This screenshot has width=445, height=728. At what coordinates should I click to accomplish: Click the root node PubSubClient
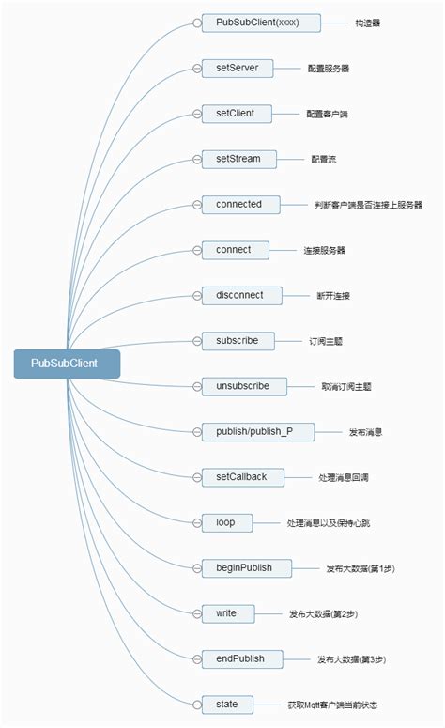pyautogui.click(x=67, y=364)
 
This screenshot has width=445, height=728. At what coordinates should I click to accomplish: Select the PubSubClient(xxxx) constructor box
pyautogui.click(x=262, y=23)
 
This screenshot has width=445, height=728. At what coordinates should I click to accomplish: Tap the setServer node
pyautogui.click(x=237, y=68)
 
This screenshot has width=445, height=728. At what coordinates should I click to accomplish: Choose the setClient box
pyautogui.click(x=235, y=114)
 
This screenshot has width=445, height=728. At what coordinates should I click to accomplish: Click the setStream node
pyautogui.click(x=238, y=159)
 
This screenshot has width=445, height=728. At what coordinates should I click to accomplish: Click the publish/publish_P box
pyautogui.click(x=258, y=431)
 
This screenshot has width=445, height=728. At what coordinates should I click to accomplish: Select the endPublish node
pyautogui.click(x=246, y=658)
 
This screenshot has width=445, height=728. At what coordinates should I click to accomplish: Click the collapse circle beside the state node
pyautogui.click(x=196, y=705)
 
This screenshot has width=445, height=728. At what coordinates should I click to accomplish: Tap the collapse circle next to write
pyautogui.click(x=196, y=613)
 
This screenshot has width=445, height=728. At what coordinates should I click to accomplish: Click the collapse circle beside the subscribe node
pyautogui.click(x=196, y=341)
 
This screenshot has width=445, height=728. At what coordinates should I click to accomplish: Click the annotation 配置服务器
pyautogui.click(x=329, y=69)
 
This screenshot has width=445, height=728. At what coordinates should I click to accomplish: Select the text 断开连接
pyautogui.click(x=334, y=296)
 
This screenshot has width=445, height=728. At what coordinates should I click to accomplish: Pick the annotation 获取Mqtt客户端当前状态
pyautogui.click(x=333, y=705)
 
